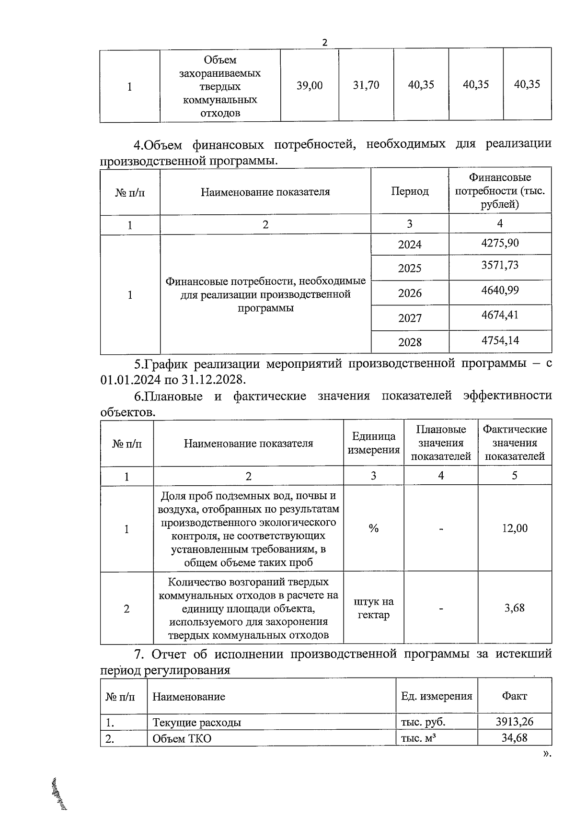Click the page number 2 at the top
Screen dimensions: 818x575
pos(324,42)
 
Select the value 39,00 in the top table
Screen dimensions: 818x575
pos(310,85)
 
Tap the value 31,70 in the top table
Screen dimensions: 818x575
pos(366,85)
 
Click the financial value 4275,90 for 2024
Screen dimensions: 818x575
pos(500,243)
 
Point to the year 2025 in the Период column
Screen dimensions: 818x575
pos(410,268)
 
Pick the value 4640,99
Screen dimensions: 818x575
pos(500,291)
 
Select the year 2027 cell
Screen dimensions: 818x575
pos(410,318)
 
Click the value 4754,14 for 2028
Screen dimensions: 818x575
pos(500,341)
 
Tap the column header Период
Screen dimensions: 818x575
pos(410,191)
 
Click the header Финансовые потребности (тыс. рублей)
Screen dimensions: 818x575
pos(500,191)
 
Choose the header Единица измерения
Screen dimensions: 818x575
pos(374,443)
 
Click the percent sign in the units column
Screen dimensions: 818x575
pos(374,528)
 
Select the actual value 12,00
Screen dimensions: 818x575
pos(515,528)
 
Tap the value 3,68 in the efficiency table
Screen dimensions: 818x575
pos(515,608)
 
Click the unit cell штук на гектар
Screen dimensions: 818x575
pos(374,608)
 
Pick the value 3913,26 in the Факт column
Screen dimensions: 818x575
pos(515,722)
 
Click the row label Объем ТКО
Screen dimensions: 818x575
pos(182,738)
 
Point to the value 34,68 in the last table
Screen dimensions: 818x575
pos(515,738)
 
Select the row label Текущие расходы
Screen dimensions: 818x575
pos(196,722)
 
